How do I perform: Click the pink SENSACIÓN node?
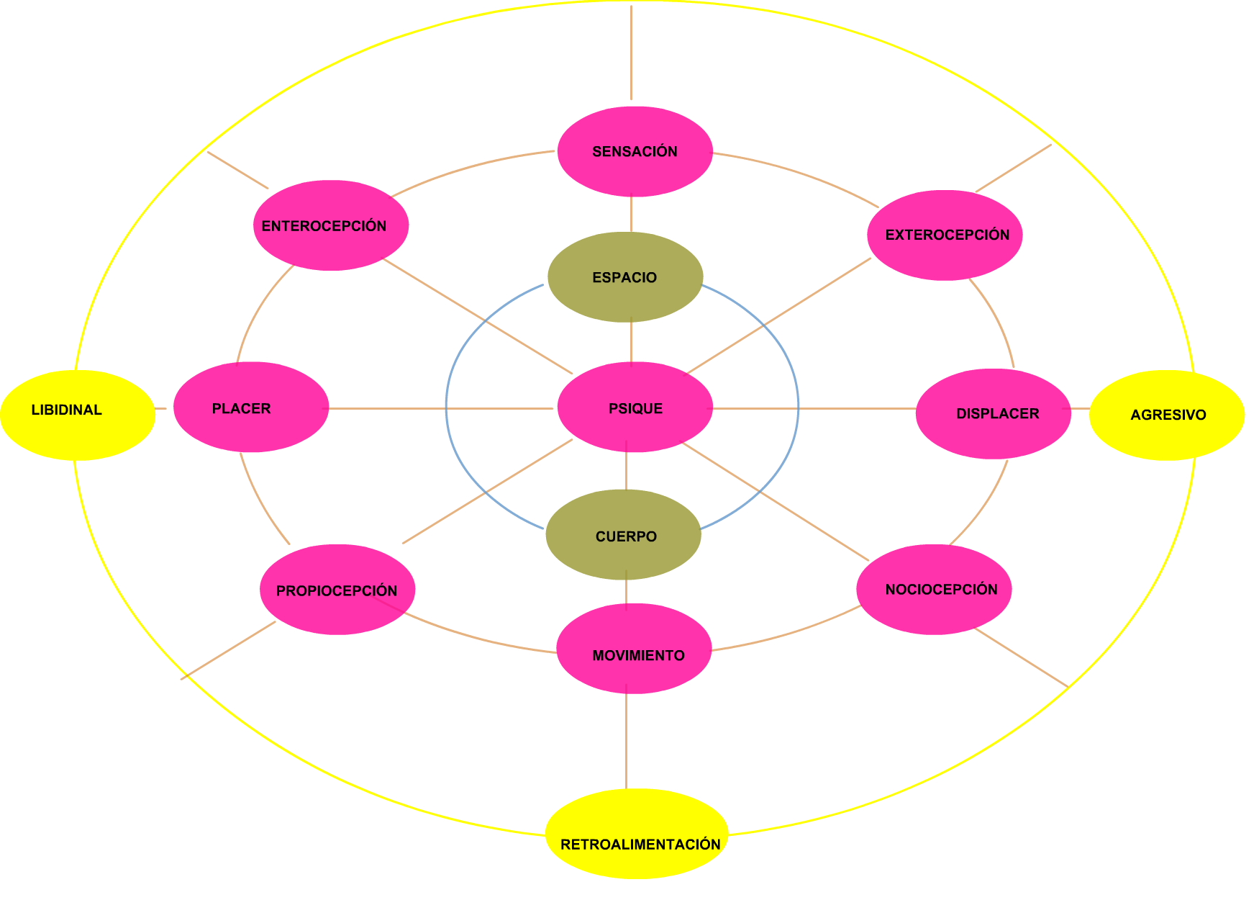[635, 151]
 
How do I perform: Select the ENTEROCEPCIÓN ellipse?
[331, 225]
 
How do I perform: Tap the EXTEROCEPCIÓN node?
[945, 235]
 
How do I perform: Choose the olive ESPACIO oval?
[624, 277]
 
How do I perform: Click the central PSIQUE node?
[635, 408]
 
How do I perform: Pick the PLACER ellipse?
[251, 408]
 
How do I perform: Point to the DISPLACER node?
[993, 413]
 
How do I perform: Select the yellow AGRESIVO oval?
[1167, 415]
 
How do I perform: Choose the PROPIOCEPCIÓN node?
[337, 590]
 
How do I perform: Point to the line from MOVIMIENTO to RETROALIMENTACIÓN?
[626, 742]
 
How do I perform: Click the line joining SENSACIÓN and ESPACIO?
[631, 215]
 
